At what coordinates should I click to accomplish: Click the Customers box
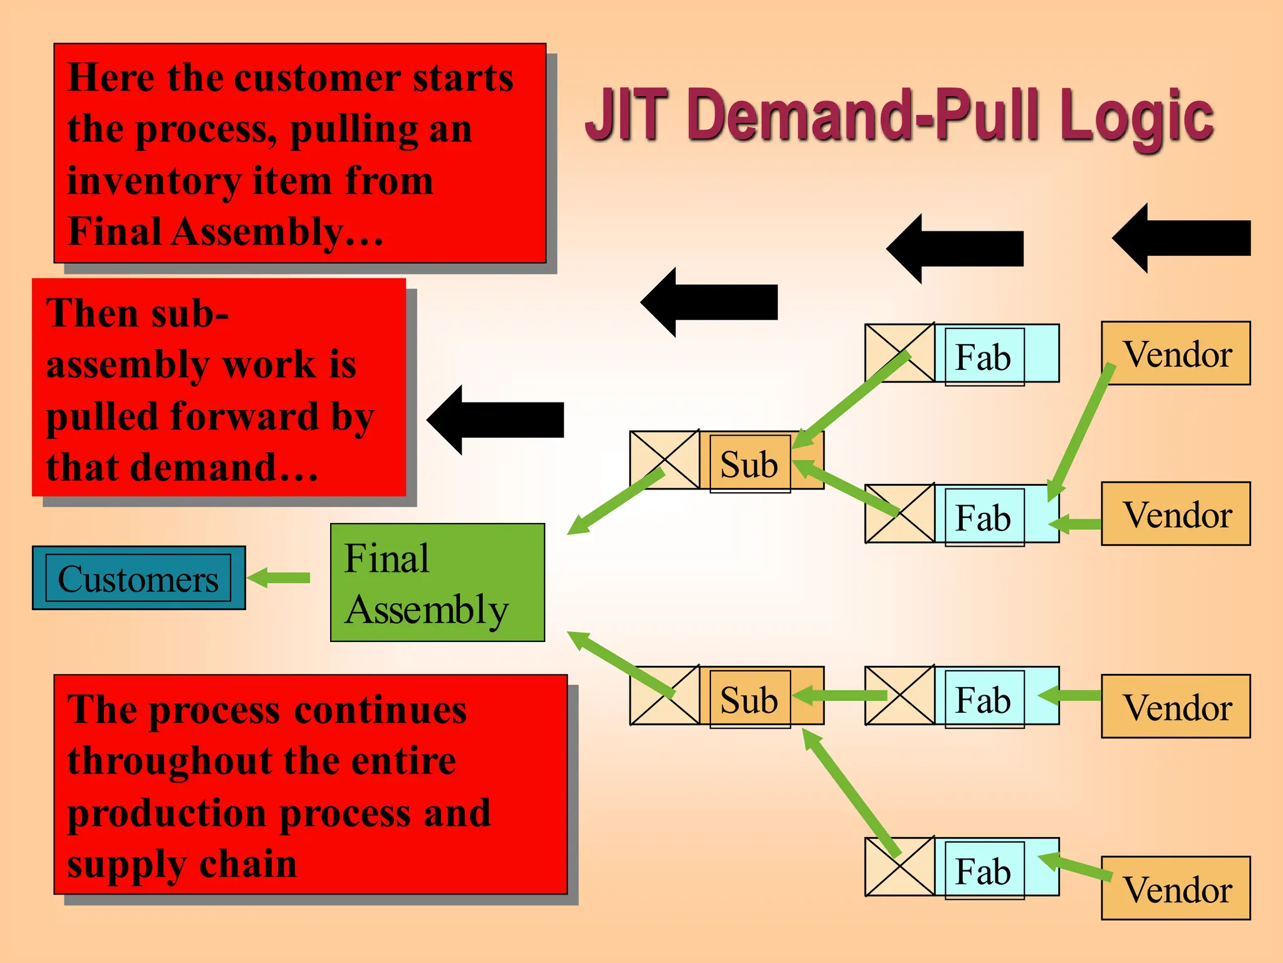tap(138, 578)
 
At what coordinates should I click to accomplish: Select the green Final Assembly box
tap(437, 582)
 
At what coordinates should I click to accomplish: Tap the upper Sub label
tap(749, 464)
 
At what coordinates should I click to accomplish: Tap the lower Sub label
tap(749, 699)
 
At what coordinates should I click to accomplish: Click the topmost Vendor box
tap(1175, 354)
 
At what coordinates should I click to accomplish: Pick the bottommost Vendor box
tap(1175, 888)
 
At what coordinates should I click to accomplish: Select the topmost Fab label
tap(983, 357)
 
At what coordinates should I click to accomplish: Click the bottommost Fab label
tap(983, 871)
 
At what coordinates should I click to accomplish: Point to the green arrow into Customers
tap(279, 577)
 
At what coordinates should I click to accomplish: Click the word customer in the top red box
tap(318, 78)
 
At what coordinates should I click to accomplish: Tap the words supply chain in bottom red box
tap(182, 864)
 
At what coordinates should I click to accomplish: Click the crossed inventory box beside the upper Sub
tap(664, 460)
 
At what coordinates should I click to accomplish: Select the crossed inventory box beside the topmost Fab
tap(900, 353)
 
